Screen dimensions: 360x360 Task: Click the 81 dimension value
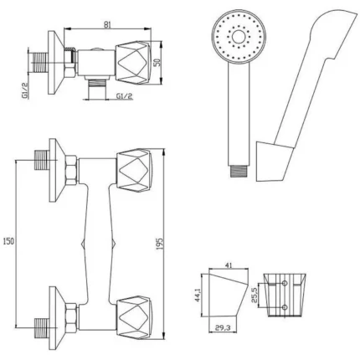(x=107, y=24)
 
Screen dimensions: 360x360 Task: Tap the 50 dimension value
(x=157, y=63)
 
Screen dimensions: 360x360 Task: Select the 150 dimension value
(x=8, y=241)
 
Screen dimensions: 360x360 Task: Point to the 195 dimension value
(x=159, y=244)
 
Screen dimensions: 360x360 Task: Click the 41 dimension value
(x=229, y=265)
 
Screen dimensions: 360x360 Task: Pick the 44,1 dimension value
(x=198, y=295)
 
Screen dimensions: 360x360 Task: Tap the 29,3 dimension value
(x=223, y=328)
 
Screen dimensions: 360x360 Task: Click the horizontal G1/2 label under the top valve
(x=124, y=96)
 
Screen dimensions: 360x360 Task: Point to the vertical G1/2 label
(x=25, y=90)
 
